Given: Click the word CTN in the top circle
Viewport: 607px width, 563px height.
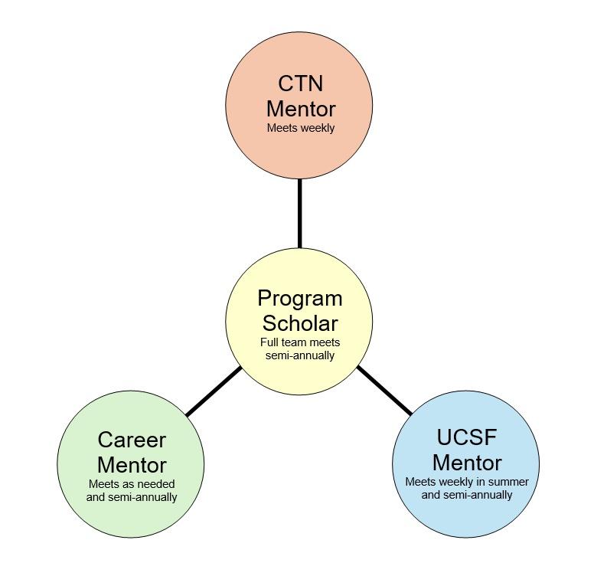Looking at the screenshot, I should pyautogui.click(x=300, y=83).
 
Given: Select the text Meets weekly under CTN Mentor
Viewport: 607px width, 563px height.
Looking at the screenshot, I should pyautogui.click(x=300, y=128).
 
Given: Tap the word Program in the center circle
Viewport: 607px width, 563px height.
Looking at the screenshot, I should pyautogui.click(x=299, y=298).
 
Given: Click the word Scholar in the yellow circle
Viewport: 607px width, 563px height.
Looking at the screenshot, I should pyautogui.click(x=299, y=322).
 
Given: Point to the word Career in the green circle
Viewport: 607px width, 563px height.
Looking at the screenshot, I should pyautogui.click(x=132, y=440).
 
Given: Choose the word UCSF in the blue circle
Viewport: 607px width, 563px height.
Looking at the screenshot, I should pyautogui.click(x=466, y=437).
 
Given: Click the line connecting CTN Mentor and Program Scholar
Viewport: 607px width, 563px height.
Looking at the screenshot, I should pyautogui.click(x=299, y=213).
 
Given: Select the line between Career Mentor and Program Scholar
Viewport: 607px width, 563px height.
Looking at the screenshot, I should pyautogui.click(x=214, y=391).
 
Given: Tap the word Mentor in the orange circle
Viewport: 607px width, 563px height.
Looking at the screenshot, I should pyautogui.click(x=300, y=108).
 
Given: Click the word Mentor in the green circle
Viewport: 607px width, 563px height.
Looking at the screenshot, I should pyautogui.click(x=132, y=464).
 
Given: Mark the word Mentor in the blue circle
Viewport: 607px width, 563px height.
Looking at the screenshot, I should pyautogui.click(x=466, y=462).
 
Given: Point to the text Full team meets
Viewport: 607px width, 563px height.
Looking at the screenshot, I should pyautogui.click(x=299, y=342).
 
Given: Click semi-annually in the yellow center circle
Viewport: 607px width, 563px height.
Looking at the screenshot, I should pyautogui.click(x=299, y=355).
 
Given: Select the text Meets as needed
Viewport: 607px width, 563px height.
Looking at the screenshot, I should pyautogui.click(x=132, y=484).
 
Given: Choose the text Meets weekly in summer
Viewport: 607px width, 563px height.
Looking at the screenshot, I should pyautogui.click(x=466, y=482).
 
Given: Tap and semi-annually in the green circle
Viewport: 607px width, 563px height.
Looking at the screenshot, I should pyautogui.click(x=132, y=497).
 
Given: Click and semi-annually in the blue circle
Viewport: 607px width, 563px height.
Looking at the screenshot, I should pyautogui.click(x=466, y=495).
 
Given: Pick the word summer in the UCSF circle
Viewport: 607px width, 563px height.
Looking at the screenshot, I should pyautogui.click(x=508, y=482).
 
